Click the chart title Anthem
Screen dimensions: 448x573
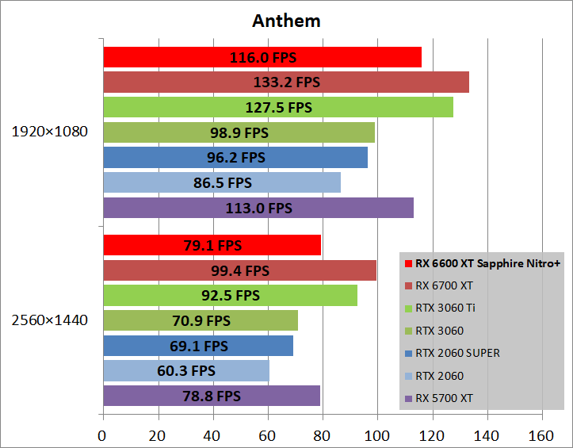point(286,21)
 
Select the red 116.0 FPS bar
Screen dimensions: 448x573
point(262,57)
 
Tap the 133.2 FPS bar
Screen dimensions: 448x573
point(285,82)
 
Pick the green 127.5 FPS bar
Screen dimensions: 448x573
point(277,107)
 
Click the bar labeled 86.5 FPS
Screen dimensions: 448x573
point(221,182)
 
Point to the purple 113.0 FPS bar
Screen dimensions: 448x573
point(258,208)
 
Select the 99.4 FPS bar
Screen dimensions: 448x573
point(239,270)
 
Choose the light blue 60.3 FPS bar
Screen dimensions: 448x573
point(185,370)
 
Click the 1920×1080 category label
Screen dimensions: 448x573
point(49,132)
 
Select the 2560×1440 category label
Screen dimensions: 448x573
point(49,320)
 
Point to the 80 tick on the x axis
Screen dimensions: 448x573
point(322,435)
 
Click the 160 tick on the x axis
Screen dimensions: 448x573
point(541,435)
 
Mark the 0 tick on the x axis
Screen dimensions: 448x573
point(102,435)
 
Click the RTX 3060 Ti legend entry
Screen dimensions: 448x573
point(449,308)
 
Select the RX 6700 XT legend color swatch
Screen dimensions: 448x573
point(407,285)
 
